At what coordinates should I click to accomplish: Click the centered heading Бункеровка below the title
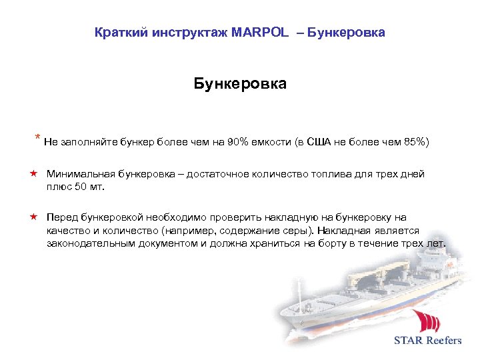[x=240, y=84]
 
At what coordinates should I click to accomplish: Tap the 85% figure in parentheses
[x=414, y=142]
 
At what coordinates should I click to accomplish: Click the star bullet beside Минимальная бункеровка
[x=33, y=174]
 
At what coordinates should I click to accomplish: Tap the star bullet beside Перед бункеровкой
[x=33, y=217]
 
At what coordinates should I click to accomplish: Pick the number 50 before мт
[x=78, y=187]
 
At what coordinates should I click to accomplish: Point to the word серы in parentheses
[x=297, y=231]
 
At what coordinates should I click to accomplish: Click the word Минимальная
[x=80, y=174]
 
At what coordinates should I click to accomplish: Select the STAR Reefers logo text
[x=427, y=341]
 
